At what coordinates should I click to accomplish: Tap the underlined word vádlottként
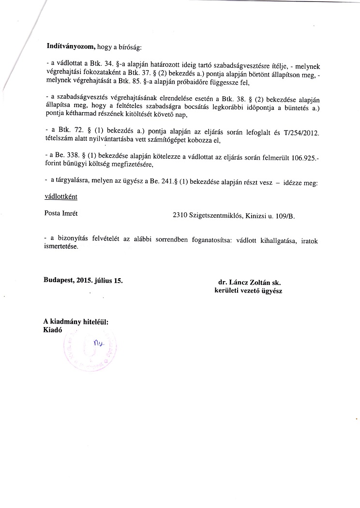(x=60, y=197)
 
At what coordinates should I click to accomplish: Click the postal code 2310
(x=180, y=216)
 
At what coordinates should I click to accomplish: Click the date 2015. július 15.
(x=100, y=281)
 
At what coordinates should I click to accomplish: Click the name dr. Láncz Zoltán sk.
(x=249, y=282)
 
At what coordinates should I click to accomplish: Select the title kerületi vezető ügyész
(x=248, y=291)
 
